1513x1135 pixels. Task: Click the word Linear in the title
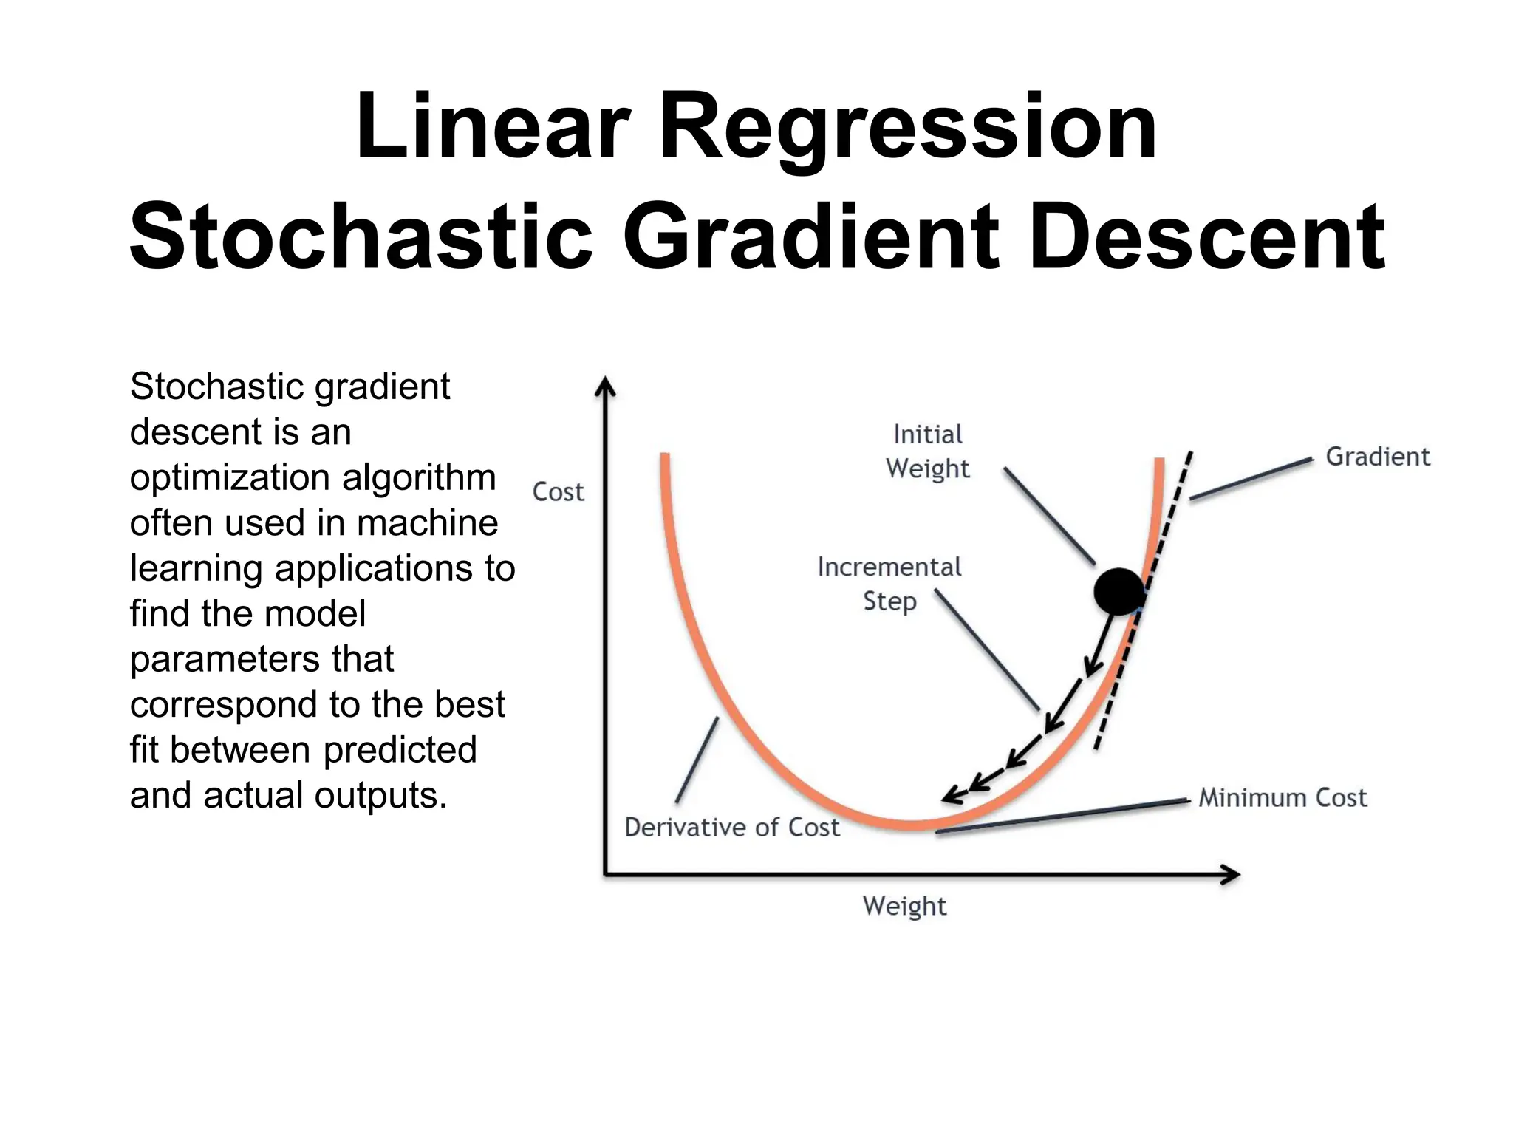point(493,126)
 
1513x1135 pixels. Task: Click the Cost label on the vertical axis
point(558,492)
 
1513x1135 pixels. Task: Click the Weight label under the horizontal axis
point(904,906)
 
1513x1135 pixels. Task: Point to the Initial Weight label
point(928,451)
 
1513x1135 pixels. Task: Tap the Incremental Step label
point(889,584)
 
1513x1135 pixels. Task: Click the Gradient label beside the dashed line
point(1378,457)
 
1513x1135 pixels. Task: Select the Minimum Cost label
point(1283,798)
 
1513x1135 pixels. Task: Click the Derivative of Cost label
point(732,828)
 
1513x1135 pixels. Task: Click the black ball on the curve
point(1118,591)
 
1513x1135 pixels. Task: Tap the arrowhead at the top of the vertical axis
point(605,386)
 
